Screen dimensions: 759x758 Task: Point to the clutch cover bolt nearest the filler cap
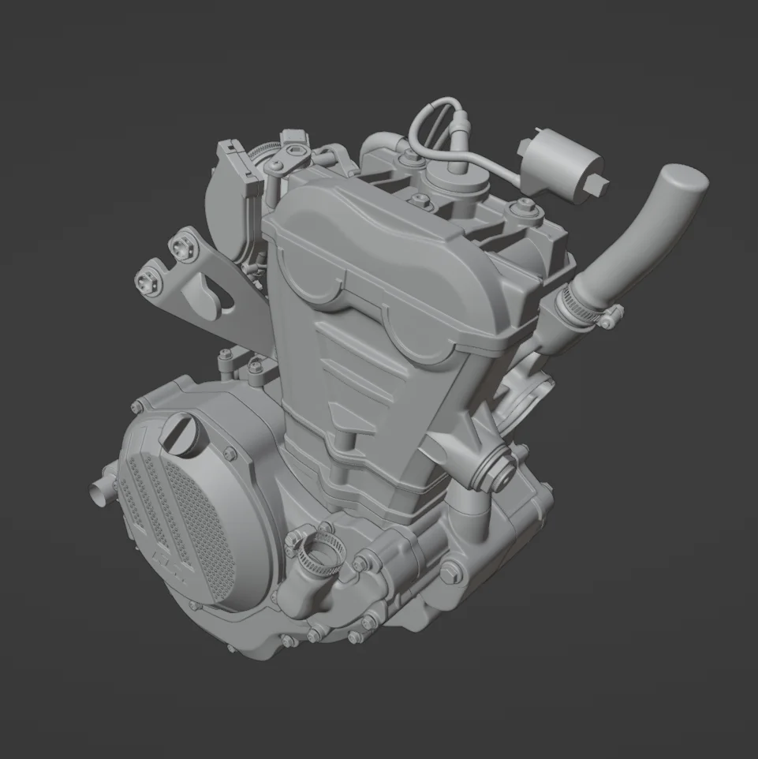pos(230,453)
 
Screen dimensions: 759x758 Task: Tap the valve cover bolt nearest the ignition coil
pos(518,208)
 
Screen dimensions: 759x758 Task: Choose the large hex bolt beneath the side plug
pos(450,575)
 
